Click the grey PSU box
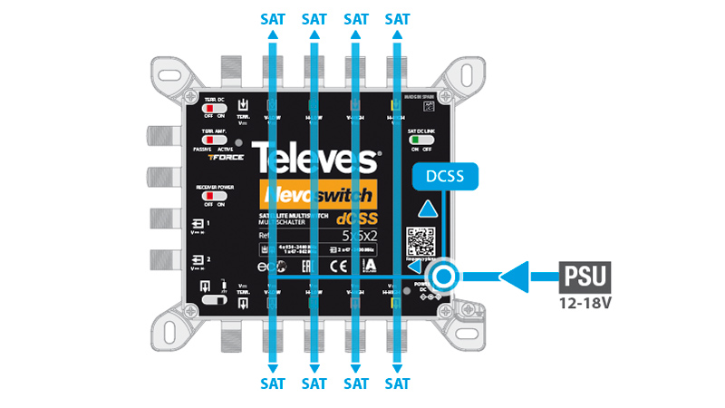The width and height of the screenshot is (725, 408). tap(585, 275)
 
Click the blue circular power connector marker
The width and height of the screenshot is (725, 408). tap(444, 277)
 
